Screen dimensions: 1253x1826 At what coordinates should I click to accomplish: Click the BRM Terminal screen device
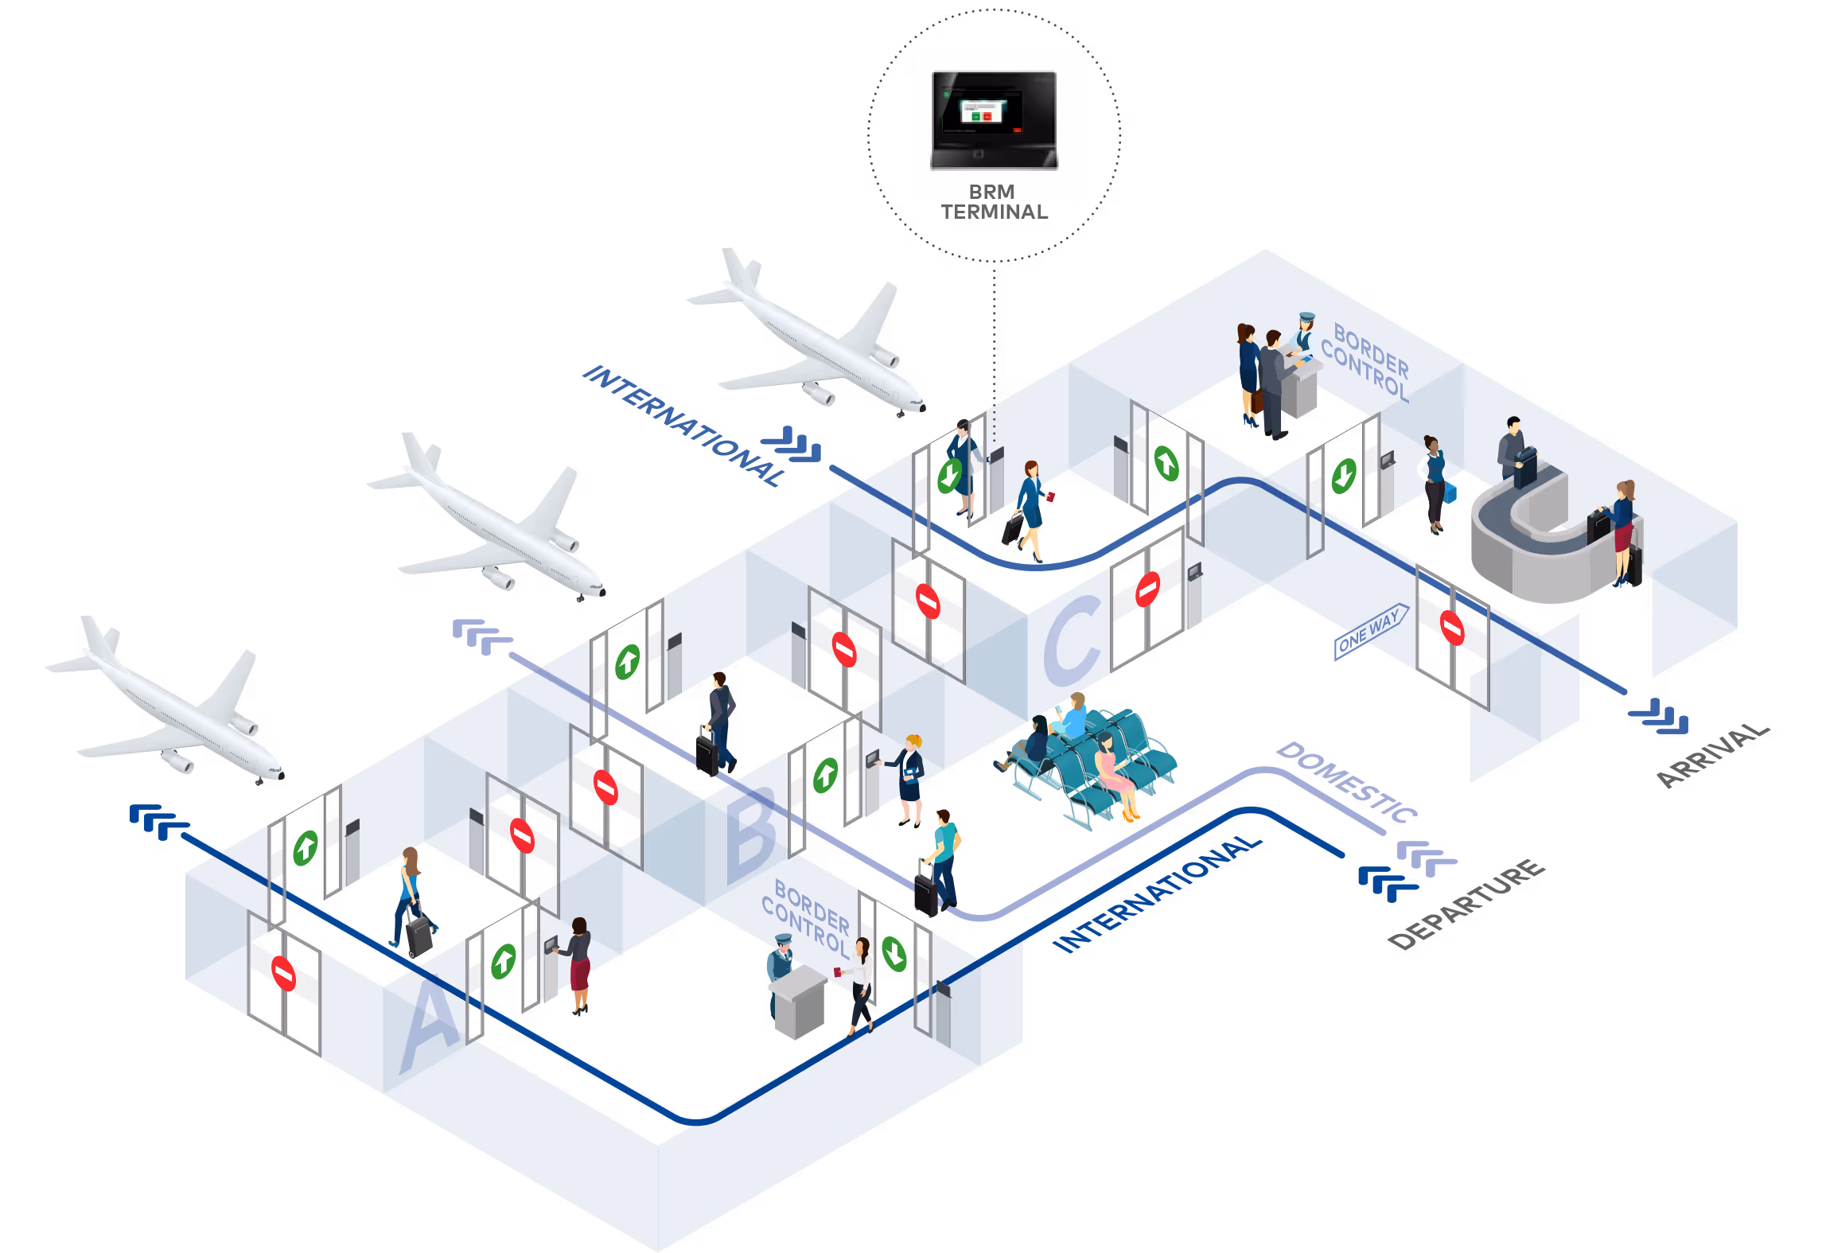(x=994, y=119)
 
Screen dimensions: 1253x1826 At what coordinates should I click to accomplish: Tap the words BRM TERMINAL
(x=994, y=203)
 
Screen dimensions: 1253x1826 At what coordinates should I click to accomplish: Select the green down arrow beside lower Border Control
(x=894, y=953)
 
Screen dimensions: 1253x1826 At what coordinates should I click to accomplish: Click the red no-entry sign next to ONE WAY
(x=1451, y=628)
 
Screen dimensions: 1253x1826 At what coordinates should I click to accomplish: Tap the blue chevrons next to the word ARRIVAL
(x=1659, y=715)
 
